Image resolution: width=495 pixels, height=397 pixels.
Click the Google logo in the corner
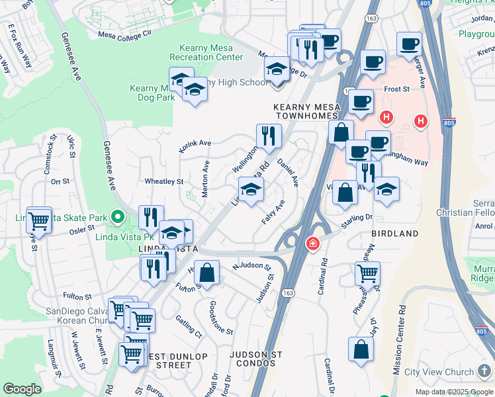[22, 389]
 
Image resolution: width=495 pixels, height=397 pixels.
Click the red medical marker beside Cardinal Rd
[311, 244]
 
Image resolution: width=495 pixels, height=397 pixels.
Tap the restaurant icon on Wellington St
[269, 136]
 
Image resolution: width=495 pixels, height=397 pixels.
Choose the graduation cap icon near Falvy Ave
[251, 191]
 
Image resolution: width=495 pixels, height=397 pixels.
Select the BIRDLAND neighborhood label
[394, 234]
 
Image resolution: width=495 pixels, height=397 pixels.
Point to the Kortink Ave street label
[195, 144]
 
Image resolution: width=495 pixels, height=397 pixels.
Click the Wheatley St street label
[163, 181]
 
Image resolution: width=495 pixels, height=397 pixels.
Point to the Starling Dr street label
[358, 218]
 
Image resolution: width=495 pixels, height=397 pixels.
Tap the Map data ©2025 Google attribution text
[454, 391]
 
